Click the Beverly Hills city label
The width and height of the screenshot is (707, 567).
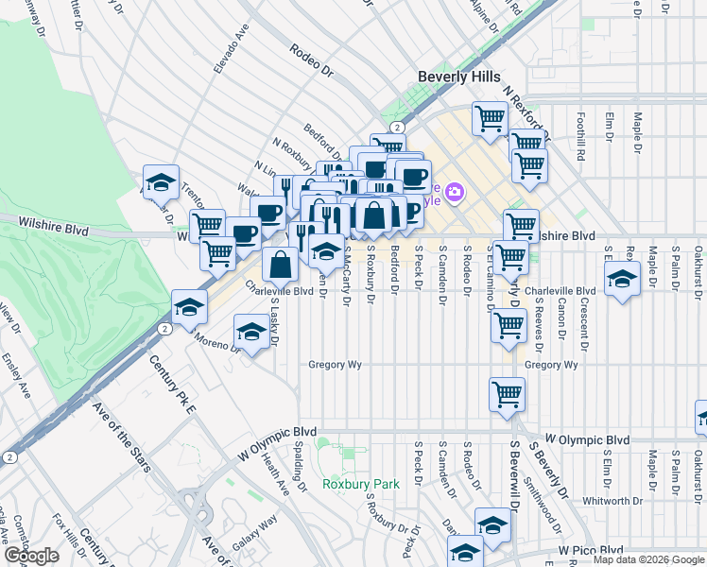click(x=459, y=76)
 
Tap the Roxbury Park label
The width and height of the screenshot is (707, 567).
click(x=360, y=484)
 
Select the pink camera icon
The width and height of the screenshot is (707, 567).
click(x=455, y=193)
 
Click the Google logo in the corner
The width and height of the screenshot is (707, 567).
click(x=31, y=556)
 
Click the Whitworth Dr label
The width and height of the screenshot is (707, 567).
click(x=606, y=501)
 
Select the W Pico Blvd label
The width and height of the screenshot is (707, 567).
click(x=591, y=549)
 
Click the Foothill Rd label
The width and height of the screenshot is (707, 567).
click(x=583, y=133)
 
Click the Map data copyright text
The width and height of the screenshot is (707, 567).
click(x=648, y=559)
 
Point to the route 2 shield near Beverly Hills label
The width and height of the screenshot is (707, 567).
click(x=398, y=127)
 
